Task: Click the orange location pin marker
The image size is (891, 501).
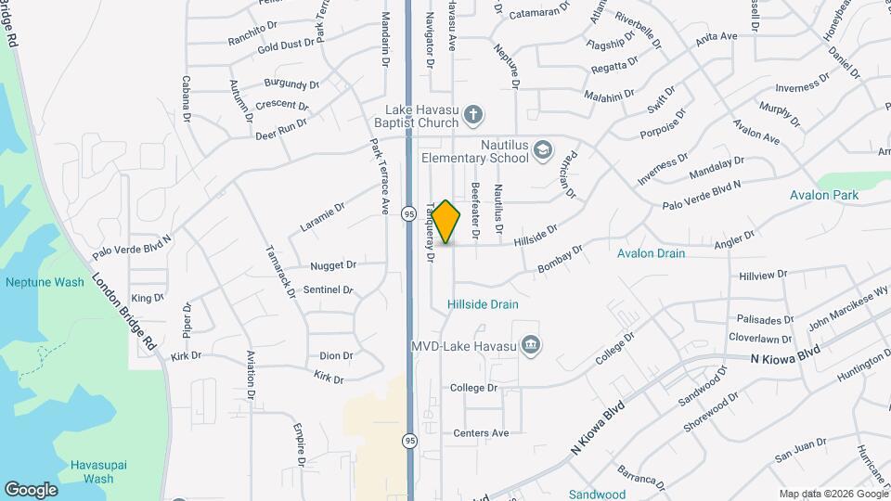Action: click(x=446, y=222)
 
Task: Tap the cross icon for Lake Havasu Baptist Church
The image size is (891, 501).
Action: click(x=473, y=115)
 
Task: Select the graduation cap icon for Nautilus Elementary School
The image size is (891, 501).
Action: click(x=543, y=150)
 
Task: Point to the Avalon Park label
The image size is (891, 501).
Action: click(x=824, y=196)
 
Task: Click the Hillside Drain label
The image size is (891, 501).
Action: click(x=483, y=304)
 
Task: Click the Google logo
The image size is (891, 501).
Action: click(x=31, y=490)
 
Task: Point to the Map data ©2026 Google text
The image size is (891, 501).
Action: click(x=833, y=494)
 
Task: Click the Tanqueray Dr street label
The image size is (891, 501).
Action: click(x=430, y=232)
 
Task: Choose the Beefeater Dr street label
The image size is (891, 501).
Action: click(x=475, y=210)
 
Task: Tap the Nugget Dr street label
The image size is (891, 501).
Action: click(x=333, y=265)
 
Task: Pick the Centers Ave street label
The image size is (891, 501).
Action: click(x=481, y=433)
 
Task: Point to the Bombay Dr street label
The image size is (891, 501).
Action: click(x=560, y=260)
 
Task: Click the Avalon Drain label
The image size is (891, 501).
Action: click(x=651, y=253)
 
